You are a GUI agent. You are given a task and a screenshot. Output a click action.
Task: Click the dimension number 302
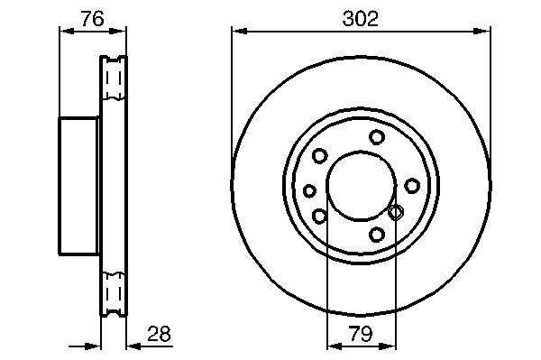tap(360, 18)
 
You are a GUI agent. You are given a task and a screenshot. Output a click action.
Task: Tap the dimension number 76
tap(92, 19)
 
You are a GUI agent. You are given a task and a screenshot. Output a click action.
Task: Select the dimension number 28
tap(159, 334)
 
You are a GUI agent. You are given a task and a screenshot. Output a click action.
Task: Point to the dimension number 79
tap(361, 334)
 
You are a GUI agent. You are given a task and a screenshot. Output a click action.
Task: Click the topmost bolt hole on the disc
tap(376, 136)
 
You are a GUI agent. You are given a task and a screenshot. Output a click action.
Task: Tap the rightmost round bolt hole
tap(412, 186)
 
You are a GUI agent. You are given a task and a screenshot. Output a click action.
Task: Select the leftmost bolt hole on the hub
tap(309, 190)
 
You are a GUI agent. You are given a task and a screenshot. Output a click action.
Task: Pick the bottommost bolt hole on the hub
tap(376, 235)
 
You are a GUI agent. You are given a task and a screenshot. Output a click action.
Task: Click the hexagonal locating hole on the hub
tap(396, 212)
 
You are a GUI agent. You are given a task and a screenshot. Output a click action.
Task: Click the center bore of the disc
tap(361, 186)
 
